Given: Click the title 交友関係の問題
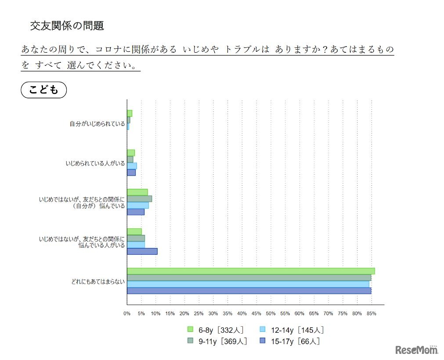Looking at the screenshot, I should click(67, 25).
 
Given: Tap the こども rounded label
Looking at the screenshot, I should click(43, 90).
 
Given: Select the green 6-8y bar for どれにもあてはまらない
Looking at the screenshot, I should click(250, 271).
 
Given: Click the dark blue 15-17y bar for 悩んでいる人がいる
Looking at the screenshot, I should click(142, 251).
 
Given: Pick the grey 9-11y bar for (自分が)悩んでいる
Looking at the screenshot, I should click(139, 198).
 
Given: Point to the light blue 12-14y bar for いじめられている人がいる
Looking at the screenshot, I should click(132, 166).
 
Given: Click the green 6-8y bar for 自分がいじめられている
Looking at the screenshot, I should click(130, 113).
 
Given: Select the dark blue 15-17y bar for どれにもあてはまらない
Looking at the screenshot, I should click(249, 291).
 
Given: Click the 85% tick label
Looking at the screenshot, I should click(371, 313).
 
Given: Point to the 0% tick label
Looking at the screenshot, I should click(127, 313).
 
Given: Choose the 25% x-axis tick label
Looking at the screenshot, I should click(199, 313).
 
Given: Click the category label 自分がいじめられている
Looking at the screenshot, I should click(97, 124).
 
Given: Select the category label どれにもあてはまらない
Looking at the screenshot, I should click(98, 281).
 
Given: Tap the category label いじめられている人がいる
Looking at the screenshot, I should click(95, 163).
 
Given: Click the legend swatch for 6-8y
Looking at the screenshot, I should click(190, 329).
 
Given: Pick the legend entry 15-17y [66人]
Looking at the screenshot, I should click(295, 341).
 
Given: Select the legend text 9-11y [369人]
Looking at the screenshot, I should click(222, 341).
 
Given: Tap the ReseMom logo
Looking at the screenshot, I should click(416, 350).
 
